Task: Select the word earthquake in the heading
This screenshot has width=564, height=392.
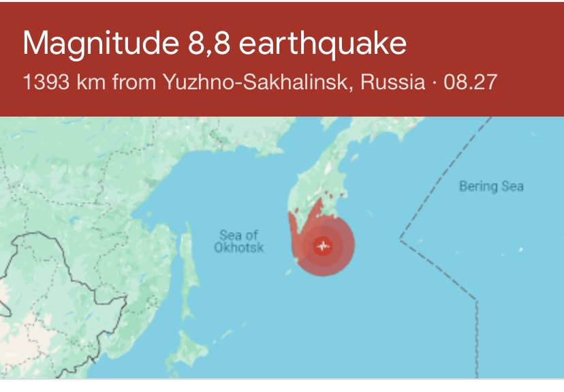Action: coord(324,44)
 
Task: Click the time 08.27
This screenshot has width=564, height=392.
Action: coord(470,84)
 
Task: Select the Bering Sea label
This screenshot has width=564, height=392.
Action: coord(491,186)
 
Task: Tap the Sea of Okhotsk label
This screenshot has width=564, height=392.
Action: coord(238,241)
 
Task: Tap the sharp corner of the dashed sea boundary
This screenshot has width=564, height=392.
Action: coord(400,239)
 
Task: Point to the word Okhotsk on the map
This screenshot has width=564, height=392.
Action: coord(238,248)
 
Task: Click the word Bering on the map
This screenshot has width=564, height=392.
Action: coord(476,186)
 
